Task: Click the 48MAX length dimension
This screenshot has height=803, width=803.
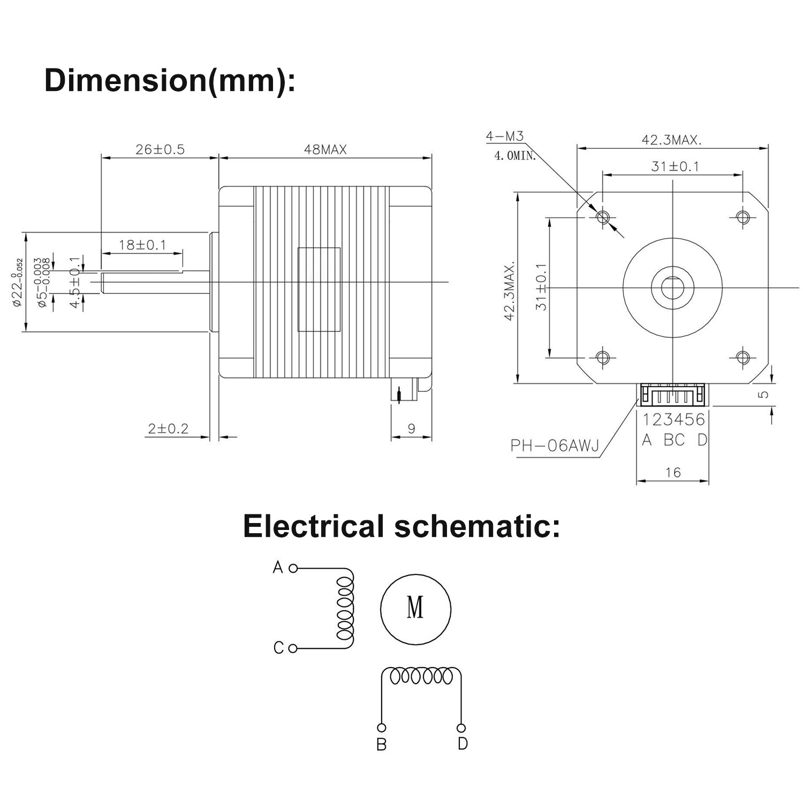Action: click(x=325, y=149)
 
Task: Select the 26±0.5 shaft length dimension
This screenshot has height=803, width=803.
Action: click(x=160, y=149)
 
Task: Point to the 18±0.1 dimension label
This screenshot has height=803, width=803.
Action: click(x=142, y=245)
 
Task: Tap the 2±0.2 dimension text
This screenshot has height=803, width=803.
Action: click(x=169, y=428)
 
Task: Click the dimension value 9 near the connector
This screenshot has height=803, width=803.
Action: click(x=411, y=428)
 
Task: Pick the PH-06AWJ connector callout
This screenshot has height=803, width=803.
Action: click(x=555, y=445)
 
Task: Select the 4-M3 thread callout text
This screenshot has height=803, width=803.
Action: click(x=504, y=137)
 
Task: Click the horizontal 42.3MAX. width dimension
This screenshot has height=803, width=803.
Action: click(x=672, y=140)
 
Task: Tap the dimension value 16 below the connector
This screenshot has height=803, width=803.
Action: click(x=672, y=472)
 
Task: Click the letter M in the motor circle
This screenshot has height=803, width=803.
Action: click(x=415, y=608)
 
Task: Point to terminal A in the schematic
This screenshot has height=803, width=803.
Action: click(x=278, y=567)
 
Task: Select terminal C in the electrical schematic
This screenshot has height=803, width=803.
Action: click(x=278, y=648)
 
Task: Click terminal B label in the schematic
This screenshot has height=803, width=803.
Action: click(x=381, y=745)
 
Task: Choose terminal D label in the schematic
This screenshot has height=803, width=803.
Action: click(x=463, y=744)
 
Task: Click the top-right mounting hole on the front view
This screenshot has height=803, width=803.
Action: click(x=743, y=217)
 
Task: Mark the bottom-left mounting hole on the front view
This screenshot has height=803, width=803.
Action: click(x=603, y=357)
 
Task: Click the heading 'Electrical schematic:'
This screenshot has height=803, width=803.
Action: click(x=401, y=526)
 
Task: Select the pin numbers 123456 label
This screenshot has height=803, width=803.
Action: click(x=673, y=419)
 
